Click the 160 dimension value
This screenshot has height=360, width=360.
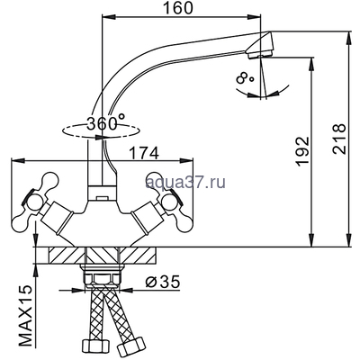(x=177, y=8)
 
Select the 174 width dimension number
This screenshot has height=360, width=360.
(x=143, y=154)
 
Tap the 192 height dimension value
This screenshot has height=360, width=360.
(x=301, y=151)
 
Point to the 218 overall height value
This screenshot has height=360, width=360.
(x=339, y=139)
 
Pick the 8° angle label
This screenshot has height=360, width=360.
(x=245, y=77)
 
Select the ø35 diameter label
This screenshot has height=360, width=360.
(x=162, y=282)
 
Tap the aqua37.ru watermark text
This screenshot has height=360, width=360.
(x=185, y=182)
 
